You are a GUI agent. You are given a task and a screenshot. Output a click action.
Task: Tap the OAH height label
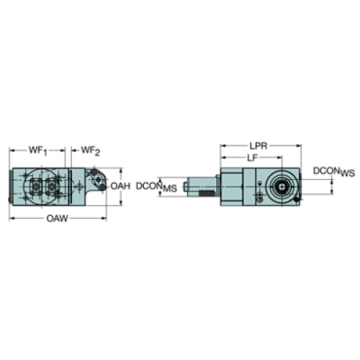[x=120, y=187]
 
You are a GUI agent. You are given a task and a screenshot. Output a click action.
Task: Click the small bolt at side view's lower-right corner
[x=294, y=198]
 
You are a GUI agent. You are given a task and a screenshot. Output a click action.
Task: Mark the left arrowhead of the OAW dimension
[x=10, y=218]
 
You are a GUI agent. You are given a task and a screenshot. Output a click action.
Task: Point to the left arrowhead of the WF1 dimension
[x=11, y=149]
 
